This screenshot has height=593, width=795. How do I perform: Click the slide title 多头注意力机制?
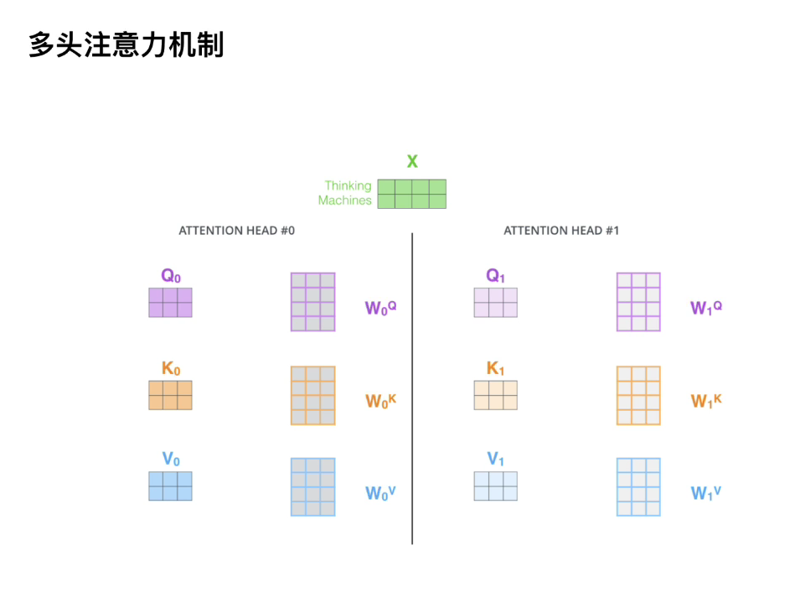click(x=126, y=44)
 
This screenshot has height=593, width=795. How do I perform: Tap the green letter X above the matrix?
click(x=412, y=161)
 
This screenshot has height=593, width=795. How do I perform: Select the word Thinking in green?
click(x=348, y=186)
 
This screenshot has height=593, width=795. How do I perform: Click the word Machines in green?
click(x=344, y=200)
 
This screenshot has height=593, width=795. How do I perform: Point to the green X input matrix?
click(x=411, y=194)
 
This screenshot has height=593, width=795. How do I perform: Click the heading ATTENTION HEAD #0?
click(x=237, y=231)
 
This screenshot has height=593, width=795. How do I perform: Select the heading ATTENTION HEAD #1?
click(x=561, y=231)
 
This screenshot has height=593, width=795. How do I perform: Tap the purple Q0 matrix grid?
click(x=170, y=302)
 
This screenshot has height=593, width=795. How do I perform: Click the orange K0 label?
click(x=171, y=367)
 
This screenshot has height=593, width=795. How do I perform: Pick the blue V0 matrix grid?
click(x=170, y=486)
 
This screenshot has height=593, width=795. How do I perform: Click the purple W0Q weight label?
click(x=380, y=308)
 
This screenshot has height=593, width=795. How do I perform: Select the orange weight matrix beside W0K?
click(x=312, y=395)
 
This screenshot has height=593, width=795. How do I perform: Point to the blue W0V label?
click(x=380, y=493)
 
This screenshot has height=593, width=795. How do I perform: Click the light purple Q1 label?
click(x=496, y=275)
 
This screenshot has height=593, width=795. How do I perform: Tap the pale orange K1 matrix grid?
click(x=495, y=395)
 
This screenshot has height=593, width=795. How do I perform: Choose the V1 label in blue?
click(x=496, y=459)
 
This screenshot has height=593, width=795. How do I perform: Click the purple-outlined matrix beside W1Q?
click(x=638, y=302)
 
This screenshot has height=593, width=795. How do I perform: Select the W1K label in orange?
click(x=706, y=401)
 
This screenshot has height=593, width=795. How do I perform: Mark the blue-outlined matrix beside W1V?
click(x=638, y=486)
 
